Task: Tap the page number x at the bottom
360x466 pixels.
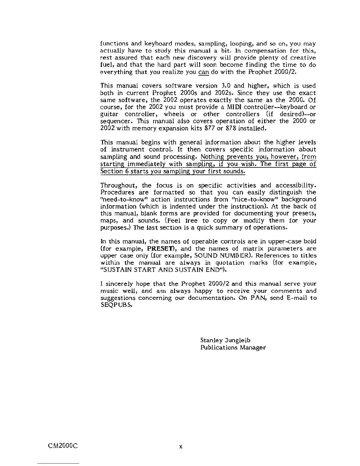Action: pos(181,447)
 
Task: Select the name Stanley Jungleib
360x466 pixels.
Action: pos(225,340)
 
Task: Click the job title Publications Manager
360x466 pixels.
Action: pos(233,348)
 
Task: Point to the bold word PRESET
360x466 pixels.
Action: pos(160,249)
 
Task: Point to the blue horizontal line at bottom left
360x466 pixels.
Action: pos(58,463)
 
